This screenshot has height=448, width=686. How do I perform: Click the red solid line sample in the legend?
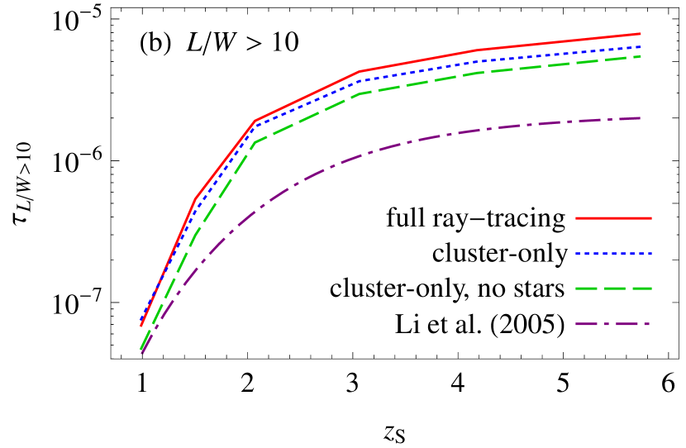point(613,218)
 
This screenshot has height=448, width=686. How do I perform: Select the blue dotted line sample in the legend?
point(613,254)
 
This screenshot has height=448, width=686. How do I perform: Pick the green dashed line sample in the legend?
point(613,288)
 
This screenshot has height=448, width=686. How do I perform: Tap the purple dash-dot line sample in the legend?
point(613,324)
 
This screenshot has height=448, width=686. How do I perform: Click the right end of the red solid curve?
point(641,34)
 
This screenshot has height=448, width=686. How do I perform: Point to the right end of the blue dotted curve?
point(641,47)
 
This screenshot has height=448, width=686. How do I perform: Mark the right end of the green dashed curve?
point(641,56)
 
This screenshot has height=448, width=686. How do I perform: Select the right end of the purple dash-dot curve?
point(641,118)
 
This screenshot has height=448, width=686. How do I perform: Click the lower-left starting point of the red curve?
point(141,326)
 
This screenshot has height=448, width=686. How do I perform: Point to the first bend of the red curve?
point(196,198)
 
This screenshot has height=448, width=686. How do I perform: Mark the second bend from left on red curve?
point(255,122)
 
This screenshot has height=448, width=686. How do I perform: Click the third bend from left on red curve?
point(360,72)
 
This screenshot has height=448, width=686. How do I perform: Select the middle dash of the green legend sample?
point(613,288)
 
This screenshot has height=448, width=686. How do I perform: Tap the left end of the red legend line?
point(577,218)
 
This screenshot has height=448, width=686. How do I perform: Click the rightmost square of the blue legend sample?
point(650,254)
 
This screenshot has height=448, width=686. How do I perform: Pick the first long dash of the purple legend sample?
point(586,324)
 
